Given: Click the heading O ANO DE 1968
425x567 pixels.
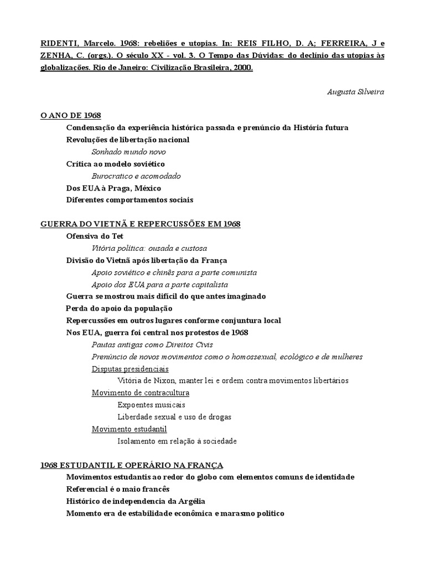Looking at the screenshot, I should pos(70,115).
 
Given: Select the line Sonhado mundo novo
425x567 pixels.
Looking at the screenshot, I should pos(128,152).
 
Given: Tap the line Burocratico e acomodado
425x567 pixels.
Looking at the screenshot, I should pos(136,176).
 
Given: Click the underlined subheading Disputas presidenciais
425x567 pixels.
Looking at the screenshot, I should pos(130,369).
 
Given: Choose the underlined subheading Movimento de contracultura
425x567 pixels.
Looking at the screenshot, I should pos(141,393).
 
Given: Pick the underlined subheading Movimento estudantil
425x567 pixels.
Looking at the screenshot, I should pos(129,429).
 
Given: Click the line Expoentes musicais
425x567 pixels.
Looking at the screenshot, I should pos(151,405).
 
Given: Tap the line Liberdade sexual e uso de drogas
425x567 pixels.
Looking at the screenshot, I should pos(174,417).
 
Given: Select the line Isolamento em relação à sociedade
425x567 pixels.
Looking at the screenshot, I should pos(177,441).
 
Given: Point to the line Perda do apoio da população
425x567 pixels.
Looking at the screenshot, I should pos(119,308).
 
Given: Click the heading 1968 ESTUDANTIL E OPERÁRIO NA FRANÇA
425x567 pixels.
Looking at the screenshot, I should pos(132,465).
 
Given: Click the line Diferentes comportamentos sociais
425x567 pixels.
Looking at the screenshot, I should pos(129,200).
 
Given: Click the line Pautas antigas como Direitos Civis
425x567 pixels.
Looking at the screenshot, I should pos(152,344).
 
